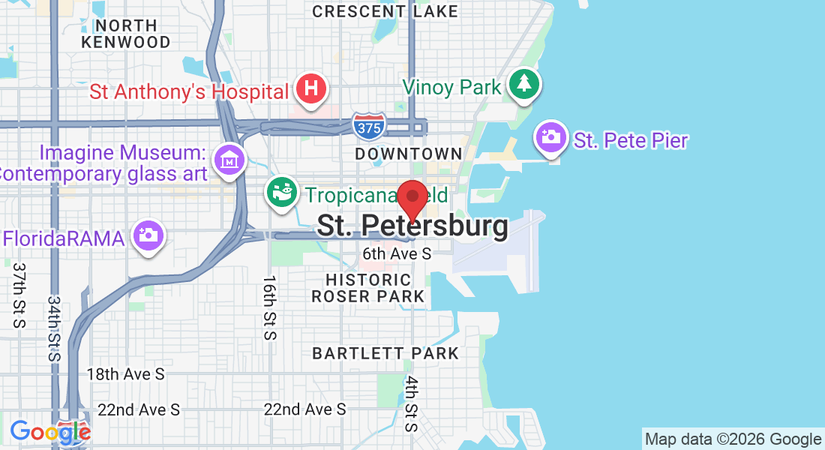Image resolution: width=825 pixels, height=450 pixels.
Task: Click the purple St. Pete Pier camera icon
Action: click(x=551, y=137)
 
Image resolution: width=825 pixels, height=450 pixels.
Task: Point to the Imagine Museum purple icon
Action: click(x=229, y=159)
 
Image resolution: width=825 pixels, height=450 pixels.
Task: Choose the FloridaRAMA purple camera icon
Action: click(x=148, y=235)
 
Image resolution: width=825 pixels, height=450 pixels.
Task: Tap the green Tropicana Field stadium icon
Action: click(x=283, y=193)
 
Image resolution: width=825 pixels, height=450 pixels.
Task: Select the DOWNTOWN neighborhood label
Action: click(x=409, y=154)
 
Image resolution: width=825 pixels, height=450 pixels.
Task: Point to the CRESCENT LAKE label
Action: click(x=385, y=11)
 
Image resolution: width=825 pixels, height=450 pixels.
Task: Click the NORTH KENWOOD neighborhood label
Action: click(x=126, y=33)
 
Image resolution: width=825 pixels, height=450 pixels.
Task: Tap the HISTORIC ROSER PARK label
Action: click(x=368, y=288)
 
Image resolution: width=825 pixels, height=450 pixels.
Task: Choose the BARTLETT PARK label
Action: click(x=385, y=352)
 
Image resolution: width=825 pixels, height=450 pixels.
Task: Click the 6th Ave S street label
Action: click(x=397, y=253)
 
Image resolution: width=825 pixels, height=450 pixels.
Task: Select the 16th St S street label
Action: click(x=269, y=307)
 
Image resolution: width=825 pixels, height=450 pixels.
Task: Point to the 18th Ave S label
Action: click(x=125, y=373)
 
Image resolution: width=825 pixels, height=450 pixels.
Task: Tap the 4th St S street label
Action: click(x=411, y=403)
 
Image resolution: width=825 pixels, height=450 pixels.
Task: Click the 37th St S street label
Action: click(x=19, y=295)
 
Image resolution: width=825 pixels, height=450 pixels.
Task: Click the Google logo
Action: click(x=49, y=431)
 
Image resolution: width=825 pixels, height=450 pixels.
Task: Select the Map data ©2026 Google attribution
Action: click(x=733, y=439)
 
